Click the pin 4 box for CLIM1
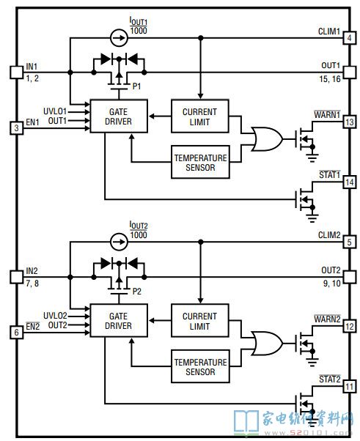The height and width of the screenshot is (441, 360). click(x=349, y=37)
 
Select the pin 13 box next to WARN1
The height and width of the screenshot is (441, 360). click(x=349, y=122)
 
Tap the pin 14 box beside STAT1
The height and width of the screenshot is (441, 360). click(x=349, y=182)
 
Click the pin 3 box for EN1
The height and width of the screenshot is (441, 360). click(x=17, y=128)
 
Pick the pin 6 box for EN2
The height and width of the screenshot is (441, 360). click(x=17, y=333)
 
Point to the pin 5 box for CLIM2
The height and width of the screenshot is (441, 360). click(x=349, y=242)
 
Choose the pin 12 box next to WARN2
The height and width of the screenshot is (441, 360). click(x=349, y=327)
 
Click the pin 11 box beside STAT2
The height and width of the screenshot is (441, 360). click(x=349, y=387)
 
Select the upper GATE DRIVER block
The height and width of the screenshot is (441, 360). click(x=119, y=116)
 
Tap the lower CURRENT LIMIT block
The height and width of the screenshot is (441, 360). click(x=200, y=320)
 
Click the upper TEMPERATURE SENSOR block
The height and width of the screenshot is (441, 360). click(x=200, y=162)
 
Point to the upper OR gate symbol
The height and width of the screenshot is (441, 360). click(x=267, y=139)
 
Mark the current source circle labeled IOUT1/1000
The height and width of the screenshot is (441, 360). click(x=119, y=37)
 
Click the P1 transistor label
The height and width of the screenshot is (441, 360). click(x=136, y=86)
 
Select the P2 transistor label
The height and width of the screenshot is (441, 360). click(x=136, y=291)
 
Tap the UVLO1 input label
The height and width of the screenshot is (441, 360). click(x=55, y=111)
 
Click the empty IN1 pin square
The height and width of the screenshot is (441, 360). click(x=17, y=73)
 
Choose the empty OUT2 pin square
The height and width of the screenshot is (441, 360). click(x=349, y=277)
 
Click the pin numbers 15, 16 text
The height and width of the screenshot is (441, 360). click(x=330, y=79)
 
